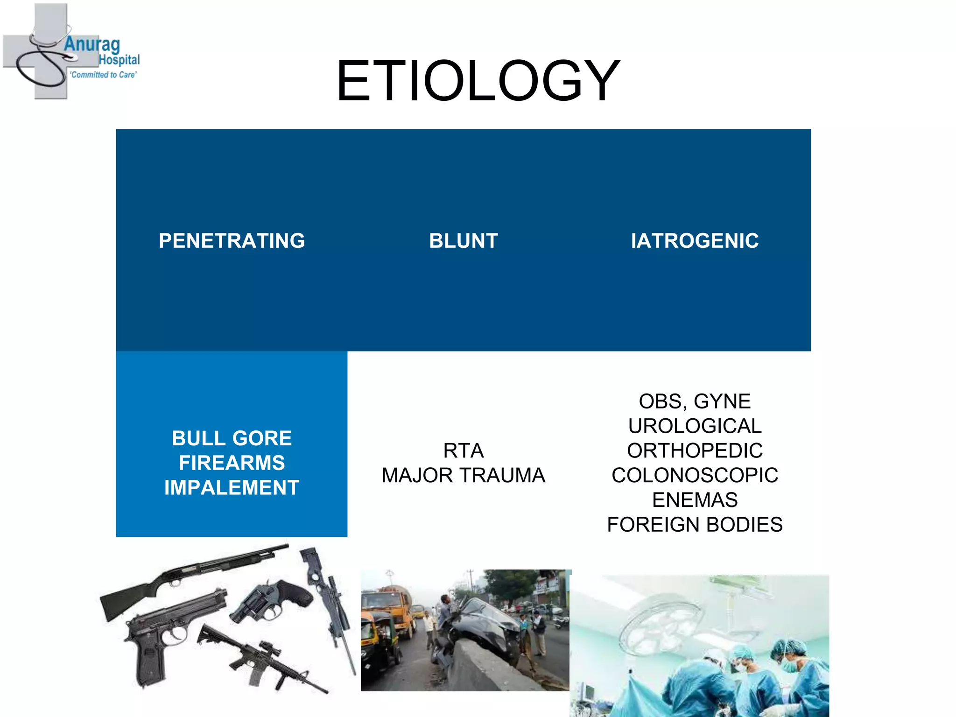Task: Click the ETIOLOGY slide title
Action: pyautogui.click(x=478, y=81)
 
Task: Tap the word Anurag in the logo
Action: pyautogui.click(x=92, y=45)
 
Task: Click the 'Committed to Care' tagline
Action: pyautogui.click(x=103, y=75)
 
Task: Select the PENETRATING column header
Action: pyautogui.click(x=232, y=241)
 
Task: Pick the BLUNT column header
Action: pyautogui.click(x=463, y=241)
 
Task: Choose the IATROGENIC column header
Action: pyautogui.click(x=695, y=241)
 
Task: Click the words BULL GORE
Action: pyautogui.click(x=232, y=438)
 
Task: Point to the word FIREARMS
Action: pyautogui.click(x=232, y=463)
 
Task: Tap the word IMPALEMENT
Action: pyautogui.click(x=232, y=488)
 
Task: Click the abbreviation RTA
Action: pyautogui.click(x=463, y=451)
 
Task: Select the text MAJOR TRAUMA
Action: pyautogui.click(x=463, y=476)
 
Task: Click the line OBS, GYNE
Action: pyautogui.click(x=695, y=401)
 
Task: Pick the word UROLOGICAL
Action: pyautogui.click(x=695, y=426)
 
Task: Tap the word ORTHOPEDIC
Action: pyautogui.click(x=695, y=451)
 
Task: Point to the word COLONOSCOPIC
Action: pyautogui.click(x=695, y=476)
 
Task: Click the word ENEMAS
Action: pyautogui.click(x=695, y=500)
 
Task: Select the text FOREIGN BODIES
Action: pyautogui.click(x=695, y=525)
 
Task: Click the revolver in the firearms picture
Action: pyautogui.click(x=271, y=600)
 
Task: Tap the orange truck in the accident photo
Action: pyautogui.click(x=387, y=607)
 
